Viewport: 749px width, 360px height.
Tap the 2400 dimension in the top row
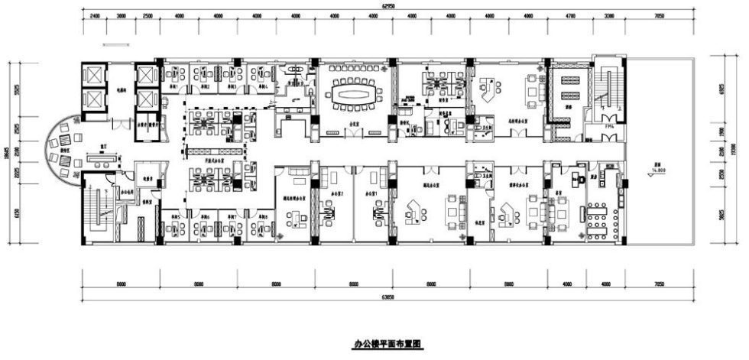pyautogui.click(x=94, y=15)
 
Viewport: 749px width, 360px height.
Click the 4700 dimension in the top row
pyautogui.click(x=569, y=15)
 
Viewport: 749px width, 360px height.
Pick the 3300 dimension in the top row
pyautogui.click(x=608, y=15)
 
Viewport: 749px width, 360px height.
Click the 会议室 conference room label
pyautogui.click(x=355, y=121)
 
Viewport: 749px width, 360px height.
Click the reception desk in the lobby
pyautogui.click(x=99, y=159)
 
